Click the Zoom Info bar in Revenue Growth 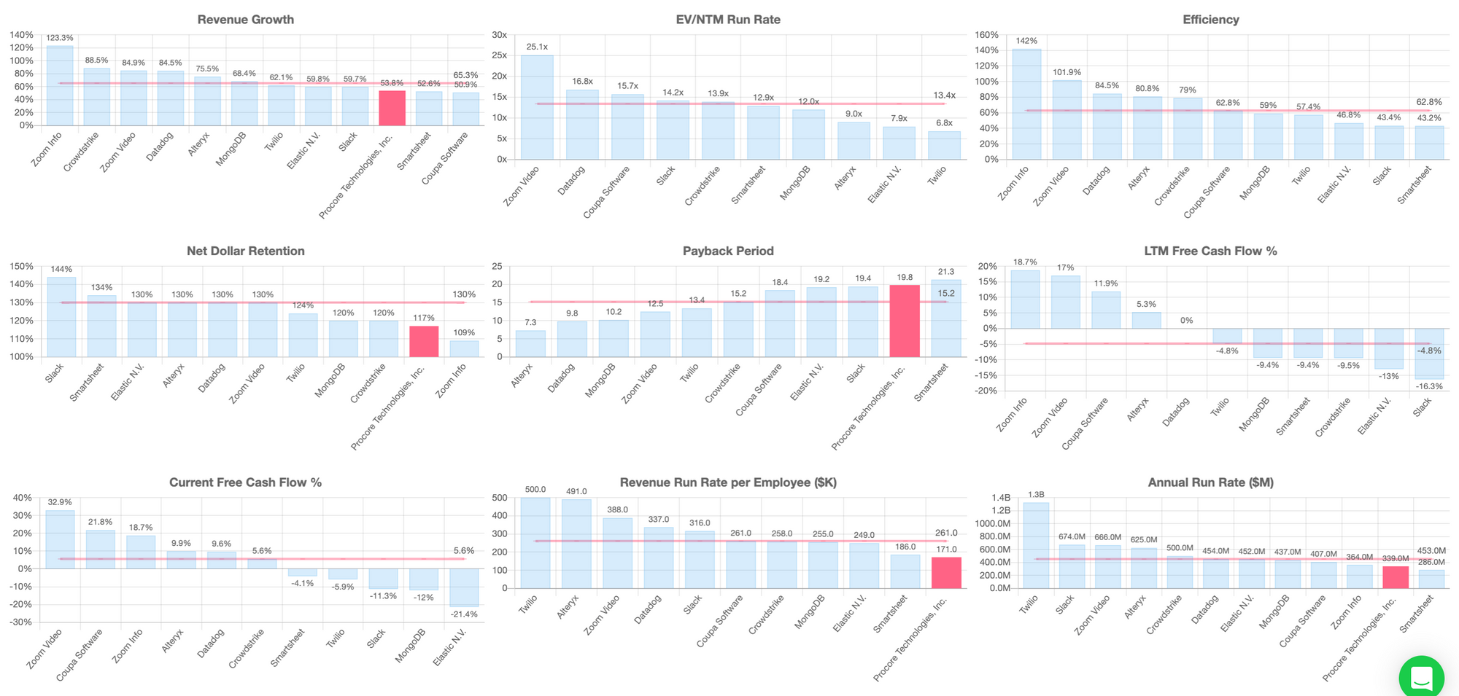[x=60, y=86]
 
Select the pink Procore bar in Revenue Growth [x=392, y=108]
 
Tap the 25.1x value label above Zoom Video [x=537, y=47]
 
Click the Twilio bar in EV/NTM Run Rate [x=944, y=145]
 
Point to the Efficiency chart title [x=1210, y=20]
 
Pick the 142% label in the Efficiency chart [x=1026, y=41]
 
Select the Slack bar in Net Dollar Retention [x=61, y=317]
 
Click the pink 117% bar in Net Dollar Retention [x=424, y=341]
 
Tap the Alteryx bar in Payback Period [x=530, y=343]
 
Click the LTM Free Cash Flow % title [x=1210, y=251]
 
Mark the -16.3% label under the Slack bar [x=1429, y=386]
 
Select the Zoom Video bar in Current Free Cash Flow [x=60, y=539]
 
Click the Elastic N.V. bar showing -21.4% [x=464, y=587]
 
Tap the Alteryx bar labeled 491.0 [x=576, y=544]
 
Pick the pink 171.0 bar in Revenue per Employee [x=946, y=573]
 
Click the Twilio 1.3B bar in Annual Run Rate [x=1036, y=545]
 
